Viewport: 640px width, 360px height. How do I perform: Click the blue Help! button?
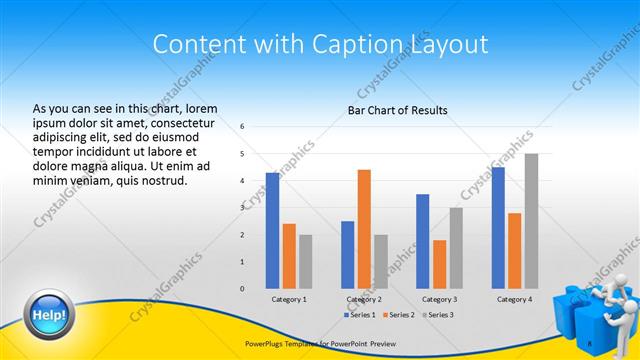pos(50,315)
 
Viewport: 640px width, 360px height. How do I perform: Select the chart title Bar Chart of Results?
pos(397,110)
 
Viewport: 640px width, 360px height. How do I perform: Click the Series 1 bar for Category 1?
pos(272,230)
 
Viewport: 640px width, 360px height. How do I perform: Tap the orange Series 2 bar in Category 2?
pos(364,229)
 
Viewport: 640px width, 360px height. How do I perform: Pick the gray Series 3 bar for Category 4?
pos(531,221)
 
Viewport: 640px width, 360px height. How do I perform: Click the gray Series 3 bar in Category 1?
pos(305,261)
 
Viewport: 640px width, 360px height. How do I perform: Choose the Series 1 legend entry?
pos(360,315)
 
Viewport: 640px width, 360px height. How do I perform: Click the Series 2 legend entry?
pos(398,315)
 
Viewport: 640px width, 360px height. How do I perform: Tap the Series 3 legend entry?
pos(436,315)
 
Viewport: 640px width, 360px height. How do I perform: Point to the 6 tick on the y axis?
pos(243,127)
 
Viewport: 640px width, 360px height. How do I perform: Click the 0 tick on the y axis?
pos(243,288)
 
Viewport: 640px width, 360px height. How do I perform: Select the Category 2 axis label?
pos(364,299)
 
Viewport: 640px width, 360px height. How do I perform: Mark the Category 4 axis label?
pos(514,299)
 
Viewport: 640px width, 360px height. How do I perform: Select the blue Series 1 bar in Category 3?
pos(423,241)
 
